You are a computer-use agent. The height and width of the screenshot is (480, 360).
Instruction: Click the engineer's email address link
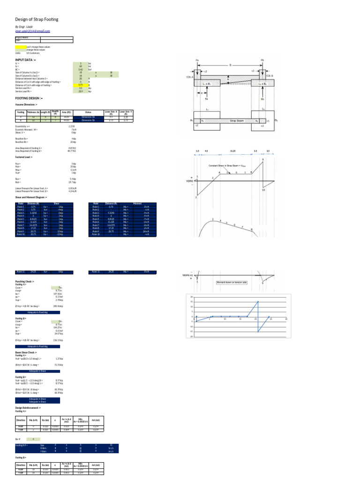33,30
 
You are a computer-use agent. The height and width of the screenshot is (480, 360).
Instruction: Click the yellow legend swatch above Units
21,47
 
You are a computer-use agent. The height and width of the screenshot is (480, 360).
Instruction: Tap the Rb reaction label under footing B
262,99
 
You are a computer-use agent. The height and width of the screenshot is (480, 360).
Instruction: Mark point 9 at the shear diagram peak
262,160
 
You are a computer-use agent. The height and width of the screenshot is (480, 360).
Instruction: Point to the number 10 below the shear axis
263,190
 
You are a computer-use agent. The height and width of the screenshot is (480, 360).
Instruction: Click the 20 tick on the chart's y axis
192,297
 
